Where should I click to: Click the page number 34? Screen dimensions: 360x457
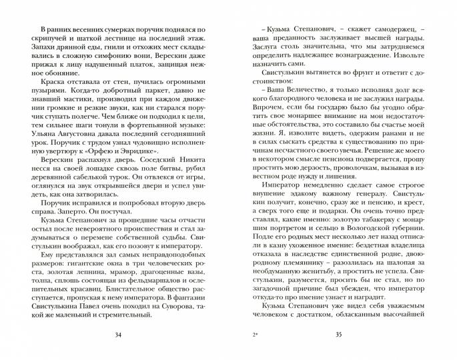pyautogui.click(x=118, y=334)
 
